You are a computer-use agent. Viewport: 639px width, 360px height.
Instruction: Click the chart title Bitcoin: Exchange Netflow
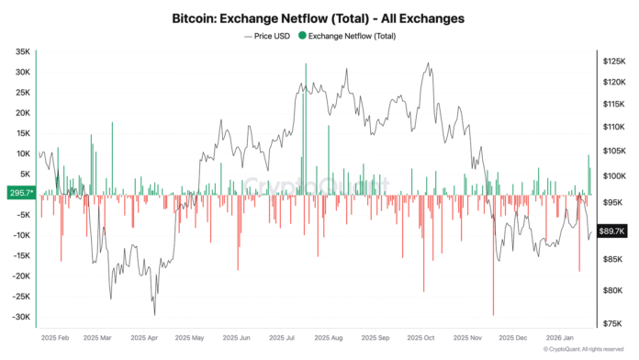[319, 17]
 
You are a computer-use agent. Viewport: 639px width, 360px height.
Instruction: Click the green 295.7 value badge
[19, 194]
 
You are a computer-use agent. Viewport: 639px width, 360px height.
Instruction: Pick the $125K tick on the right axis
[614, 61]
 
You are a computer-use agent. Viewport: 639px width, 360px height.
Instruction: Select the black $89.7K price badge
[611, 231]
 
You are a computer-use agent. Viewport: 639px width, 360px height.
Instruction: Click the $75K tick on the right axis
[612, 322]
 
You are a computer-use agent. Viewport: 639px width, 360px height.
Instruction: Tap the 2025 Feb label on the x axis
[56, 337]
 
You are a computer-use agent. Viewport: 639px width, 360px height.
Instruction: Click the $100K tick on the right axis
[614, 174]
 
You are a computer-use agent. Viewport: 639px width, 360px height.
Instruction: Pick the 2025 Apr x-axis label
[146, 337]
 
